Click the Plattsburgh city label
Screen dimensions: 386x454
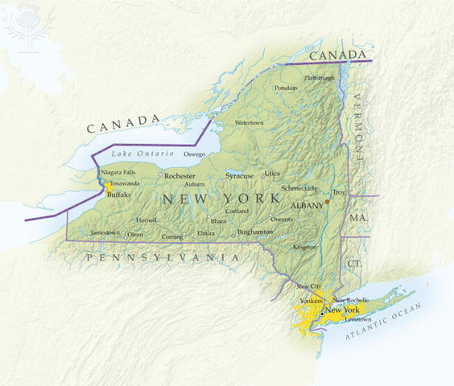coord(320,78)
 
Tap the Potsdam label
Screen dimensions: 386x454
coord(286,88)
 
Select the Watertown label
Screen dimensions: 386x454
coord(249,123)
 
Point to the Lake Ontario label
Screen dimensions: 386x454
coord(142,153)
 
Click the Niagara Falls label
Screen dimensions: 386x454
coord(118,173)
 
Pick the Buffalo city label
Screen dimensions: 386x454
coord(119,195)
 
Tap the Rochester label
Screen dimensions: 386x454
coord(180,175)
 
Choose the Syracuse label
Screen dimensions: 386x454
coord(239,175)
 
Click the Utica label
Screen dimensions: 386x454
coord(273,173)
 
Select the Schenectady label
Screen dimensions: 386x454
coord(299,188)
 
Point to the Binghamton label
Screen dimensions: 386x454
coord(255,232)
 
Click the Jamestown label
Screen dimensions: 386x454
coord(105,232)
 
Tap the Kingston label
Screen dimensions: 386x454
coord(306,247)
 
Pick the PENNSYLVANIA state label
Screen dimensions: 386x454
coord(163,257)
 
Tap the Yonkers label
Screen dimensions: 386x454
coord(311,302)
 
